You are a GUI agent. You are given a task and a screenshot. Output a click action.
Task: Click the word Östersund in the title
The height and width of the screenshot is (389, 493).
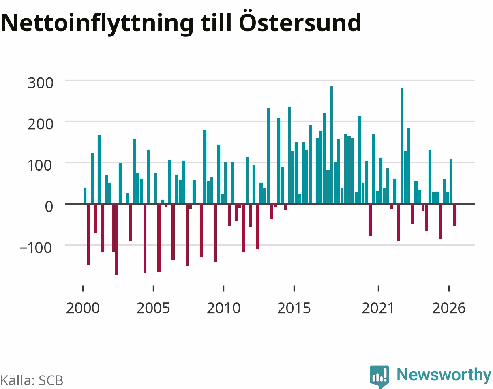tap(300, 22)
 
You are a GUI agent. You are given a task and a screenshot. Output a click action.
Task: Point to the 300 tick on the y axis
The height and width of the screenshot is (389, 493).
tap(41, 83)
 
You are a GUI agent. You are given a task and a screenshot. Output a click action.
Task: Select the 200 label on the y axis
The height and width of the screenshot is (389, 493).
tap(41, 124)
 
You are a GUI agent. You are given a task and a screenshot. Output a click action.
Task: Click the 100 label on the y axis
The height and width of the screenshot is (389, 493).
tap(41, 166)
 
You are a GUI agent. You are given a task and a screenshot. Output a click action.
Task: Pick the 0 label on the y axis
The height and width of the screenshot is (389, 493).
tap(49, 207)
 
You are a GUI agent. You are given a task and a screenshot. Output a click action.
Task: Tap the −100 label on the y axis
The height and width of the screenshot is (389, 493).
tap(36, 248)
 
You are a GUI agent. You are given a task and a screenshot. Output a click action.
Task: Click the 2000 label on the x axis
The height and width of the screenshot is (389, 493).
tap(83, 308)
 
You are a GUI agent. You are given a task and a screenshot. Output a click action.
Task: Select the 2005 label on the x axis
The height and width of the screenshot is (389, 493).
tap(153, 308)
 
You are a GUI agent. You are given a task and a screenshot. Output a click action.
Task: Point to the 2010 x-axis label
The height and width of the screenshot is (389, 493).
tap(223, 308)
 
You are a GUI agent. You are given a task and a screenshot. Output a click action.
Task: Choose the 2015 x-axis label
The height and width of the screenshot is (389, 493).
tap(294, 308)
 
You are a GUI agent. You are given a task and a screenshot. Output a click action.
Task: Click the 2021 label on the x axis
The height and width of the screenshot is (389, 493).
tap(378, 308)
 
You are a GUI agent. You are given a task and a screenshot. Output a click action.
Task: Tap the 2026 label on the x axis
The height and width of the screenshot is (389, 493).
tap(449, 308)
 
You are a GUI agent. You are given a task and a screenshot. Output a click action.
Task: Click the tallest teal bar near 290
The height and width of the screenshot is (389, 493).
tap(331, 145)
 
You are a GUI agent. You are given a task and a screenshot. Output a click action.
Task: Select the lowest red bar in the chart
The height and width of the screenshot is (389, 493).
tap(117, 239)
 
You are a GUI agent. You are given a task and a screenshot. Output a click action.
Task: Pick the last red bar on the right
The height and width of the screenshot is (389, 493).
tap(455, 215)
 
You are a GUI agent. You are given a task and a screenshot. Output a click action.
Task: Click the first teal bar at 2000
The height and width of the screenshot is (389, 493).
tap(85, 196)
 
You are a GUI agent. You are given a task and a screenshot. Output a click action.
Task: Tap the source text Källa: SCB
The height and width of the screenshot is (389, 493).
tap(32, 380)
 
